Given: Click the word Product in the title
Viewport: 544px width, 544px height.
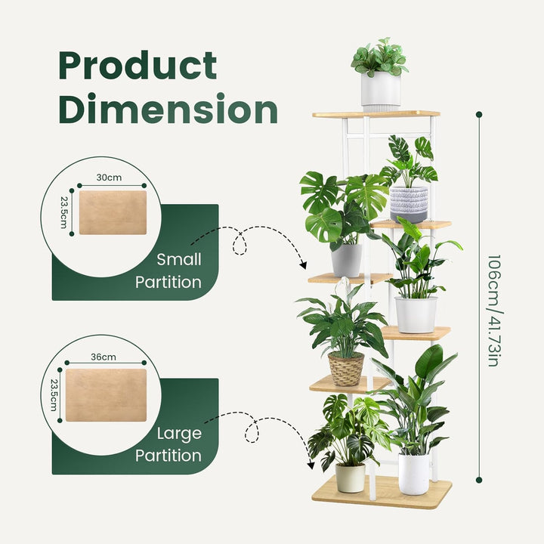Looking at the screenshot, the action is [x=138, y=66].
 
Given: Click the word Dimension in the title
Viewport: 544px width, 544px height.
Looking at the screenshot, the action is [x=168, y=108].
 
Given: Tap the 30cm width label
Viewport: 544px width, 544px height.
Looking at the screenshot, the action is [x=109, y=178].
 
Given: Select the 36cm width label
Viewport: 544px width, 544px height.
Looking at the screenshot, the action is [x=104, y=357].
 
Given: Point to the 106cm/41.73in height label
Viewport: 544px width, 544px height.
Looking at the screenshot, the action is [x=494, y=311].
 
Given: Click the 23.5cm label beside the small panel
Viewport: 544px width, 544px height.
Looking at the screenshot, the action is [x=63, y=212].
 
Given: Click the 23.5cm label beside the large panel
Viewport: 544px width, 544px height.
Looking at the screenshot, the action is [x=54, y=395].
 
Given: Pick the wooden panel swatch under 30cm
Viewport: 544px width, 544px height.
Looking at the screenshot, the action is [x=113, y=212].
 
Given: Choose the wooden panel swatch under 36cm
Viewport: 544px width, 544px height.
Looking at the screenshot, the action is [x=107, y=395].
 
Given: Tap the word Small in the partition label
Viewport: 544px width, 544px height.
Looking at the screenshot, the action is [x=178, y=259].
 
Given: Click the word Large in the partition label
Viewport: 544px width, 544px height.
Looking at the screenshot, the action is [x=179, y=434].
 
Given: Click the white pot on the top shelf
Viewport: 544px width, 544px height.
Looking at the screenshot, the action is [x=381, y=91].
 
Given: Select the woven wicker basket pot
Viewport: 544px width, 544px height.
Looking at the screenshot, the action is [x=346, y=369].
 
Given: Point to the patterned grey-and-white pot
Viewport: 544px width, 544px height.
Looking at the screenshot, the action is [x=409, y=205].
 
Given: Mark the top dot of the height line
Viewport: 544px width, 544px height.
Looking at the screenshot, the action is [x=479, y=114].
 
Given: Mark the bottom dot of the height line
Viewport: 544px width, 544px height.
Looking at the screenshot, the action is [x=479, y=480].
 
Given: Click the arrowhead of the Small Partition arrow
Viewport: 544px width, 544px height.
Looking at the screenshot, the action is [x=303, y=265].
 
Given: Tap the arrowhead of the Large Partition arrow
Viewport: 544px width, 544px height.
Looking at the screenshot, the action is [x=311, y=465].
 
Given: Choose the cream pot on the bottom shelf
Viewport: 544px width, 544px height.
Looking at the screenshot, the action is [x=350, y=478].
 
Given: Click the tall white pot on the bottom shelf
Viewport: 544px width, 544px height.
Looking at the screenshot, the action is [x=413, y=474].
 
